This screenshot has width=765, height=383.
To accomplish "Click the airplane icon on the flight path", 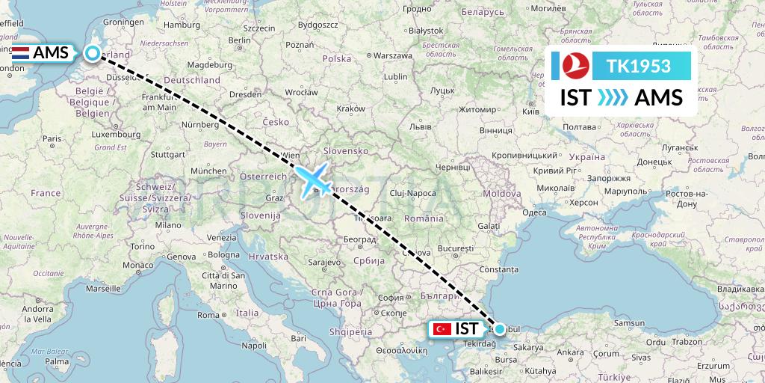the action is (315, 180).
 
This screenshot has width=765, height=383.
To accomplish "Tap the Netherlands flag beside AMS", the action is (20, 53).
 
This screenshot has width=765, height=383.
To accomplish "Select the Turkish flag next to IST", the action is (442, 328).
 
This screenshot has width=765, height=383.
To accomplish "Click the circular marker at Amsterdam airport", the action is (92, 53).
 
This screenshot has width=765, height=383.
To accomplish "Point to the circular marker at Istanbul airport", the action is (499, 328).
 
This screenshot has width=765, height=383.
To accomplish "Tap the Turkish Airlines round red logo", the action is (574, 67).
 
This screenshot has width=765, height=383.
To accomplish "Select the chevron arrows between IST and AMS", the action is (613, 98).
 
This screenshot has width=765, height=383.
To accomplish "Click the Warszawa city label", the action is (393, 55).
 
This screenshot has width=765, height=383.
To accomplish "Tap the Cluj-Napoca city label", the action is (411, 193).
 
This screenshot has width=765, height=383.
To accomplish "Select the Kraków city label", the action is (350, 108).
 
